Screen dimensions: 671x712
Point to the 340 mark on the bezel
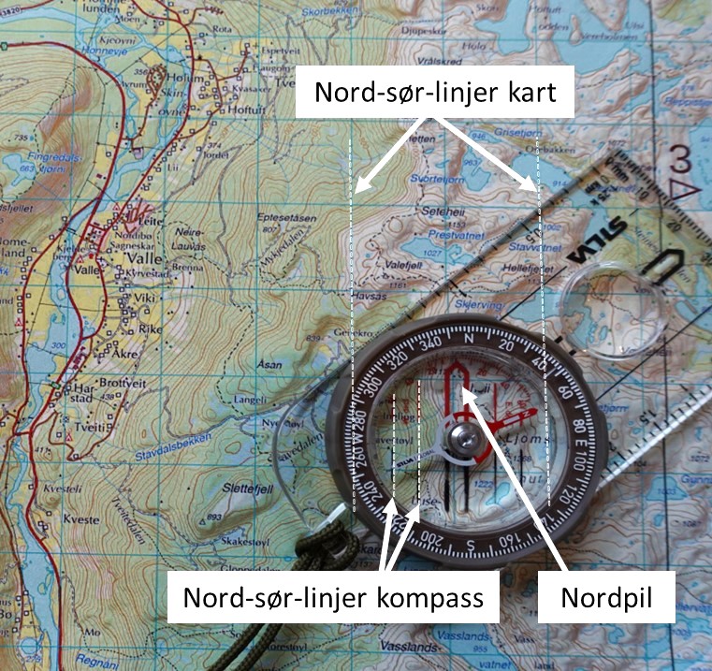coord(431,343)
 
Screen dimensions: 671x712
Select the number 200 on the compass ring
coord(433,536)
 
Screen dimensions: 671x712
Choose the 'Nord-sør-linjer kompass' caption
coord(334,596)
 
